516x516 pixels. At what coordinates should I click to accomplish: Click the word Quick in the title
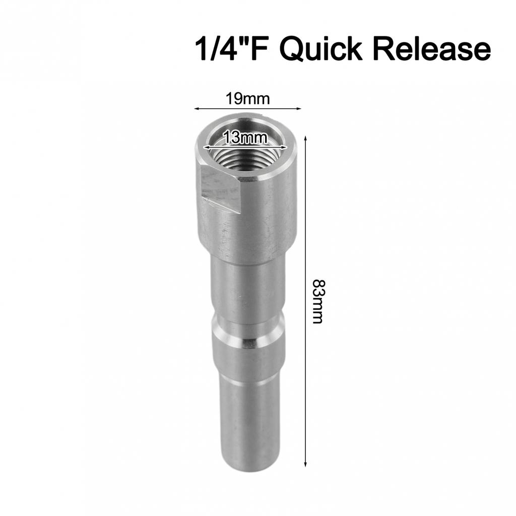point(320,49)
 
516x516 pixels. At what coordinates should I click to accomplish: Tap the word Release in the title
point(434,49)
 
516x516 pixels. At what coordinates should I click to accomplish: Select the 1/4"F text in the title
point(229,49)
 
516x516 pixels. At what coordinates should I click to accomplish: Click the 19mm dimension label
point(247,98)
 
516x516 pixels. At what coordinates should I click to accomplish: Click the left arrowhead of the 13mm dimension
point(206,147)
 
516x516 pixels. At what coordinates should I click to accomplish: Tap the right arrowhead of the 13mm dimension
point(285,147)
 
